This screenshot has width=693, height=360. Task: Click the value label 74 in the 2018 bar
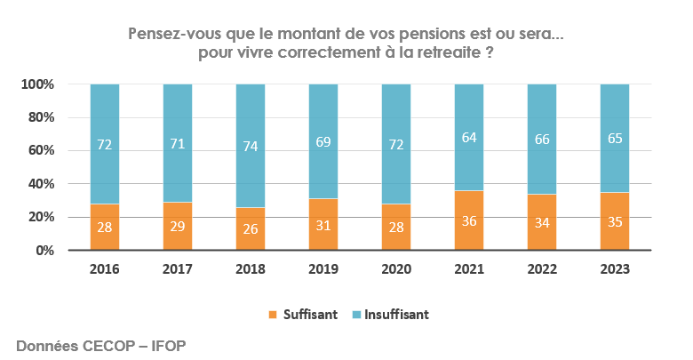point(250,147)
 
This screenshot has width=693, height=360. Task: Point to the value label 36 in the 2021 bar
point(468,221)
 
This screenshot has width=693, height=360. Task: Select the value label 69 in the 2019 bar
point(323,142)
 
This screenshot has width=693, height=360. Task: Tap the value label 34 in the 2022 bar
point(542,222)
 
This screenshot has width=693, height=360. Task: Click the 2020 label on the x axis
point(395,269)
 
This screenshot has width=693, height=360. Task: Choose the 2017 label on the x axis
point(177,269)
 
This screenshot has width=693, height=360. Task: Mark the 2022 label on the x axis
point(542,269)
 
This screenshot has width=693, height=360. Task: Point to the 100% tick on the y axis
point(38,84)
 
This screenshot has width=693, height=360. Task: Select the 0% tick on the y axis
point(45,251)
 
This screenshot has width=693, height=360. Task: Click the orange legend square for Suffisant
point(272,315)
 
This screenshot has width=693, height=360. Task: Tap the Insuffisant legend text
point(396,315)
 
